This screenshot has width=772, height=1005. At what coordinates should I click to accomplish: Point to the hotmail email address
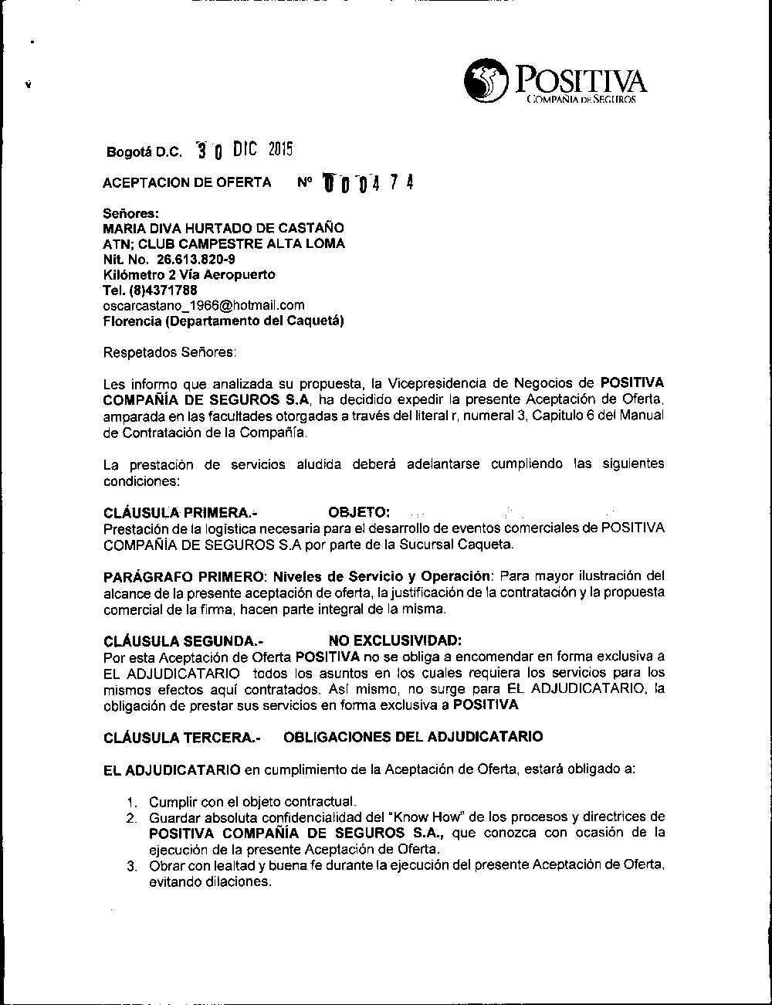coord(204,305)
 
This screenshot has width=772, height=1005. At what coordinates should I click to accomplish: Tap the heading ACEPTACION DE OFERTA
coord(187,183)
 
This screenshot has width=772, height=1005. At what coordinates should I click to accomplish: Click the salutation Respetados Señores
coord(170,352)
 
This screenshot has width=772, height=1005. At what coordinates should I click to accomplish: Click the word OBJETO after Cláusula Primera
coord(359,513)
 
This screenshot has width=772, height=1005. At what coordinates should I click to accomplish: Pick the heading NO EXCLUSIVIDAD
coord(395,640)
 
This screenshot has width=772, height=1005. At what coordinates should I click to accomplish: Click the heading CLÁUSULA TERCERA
coord(181,738)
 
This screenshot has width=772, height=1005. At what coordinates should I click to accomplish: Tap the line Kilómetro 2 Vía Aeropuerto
coord(189,275)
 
